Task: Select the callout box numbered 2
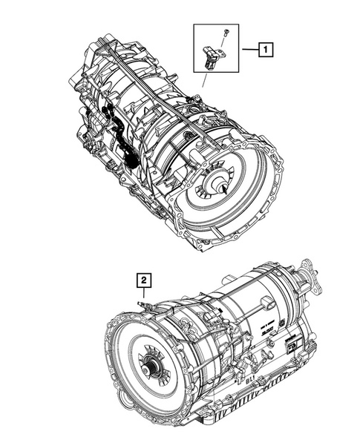143,280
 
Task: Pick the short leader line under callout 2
143,292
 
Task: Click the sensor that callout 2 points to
145,304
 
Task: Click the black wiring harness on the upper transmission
119,137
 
